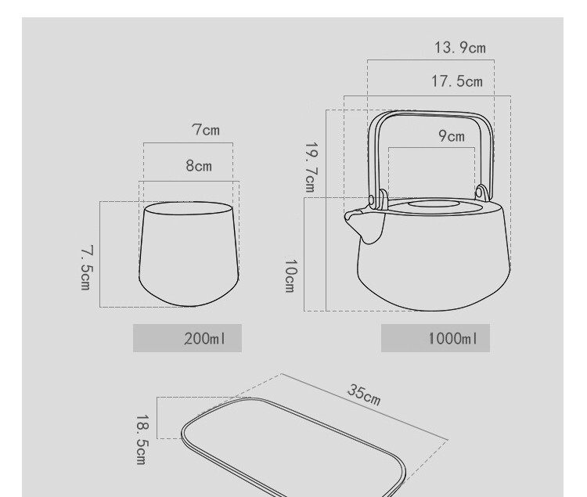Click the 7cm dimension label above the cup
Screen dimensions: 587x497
206,130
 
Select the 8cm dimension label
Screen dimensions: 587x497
199,165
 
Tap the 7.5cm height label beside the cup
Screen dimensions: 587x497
86,268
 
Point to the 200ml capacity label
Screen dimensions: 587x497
205,339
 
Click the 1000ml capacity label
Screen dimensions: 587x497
453,339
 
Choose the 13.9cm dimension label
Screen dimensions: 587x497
460,48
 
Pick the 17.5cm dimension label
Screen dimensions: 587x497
457,81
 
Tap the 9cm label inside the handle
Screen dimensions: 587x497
452,136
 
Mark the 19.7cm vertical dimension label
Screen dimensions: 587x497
312,167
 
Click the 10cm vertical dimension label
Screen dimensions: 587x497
290,276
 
